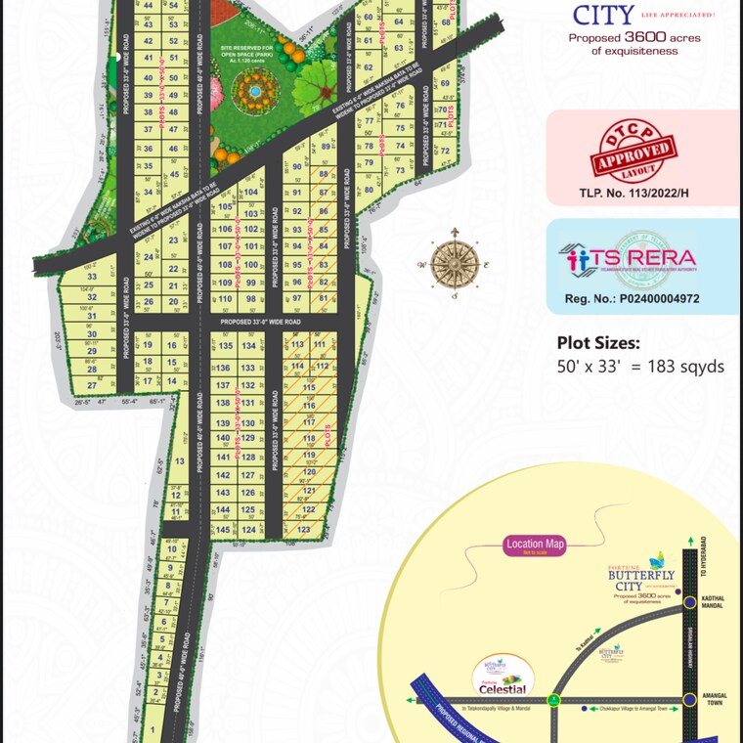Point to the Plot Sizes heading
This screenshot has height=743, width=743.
coord(598,343)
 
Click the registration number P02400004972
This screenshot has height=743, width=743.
coord(632,298)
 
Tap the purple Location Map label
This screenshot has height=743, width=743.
coord(536,546)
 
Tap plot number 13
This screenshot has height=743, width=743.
coord(179,460)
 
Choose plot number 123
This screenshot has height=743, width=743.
coord(303,530)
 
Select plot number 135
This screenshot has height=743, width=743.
coord(225,346)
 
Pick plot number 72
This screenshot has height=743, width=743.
coord(444,151)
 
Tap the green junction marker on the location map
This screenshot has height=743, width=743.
coord(553,700)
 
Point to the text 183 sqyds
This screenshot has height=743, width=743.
coord(690,367)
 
